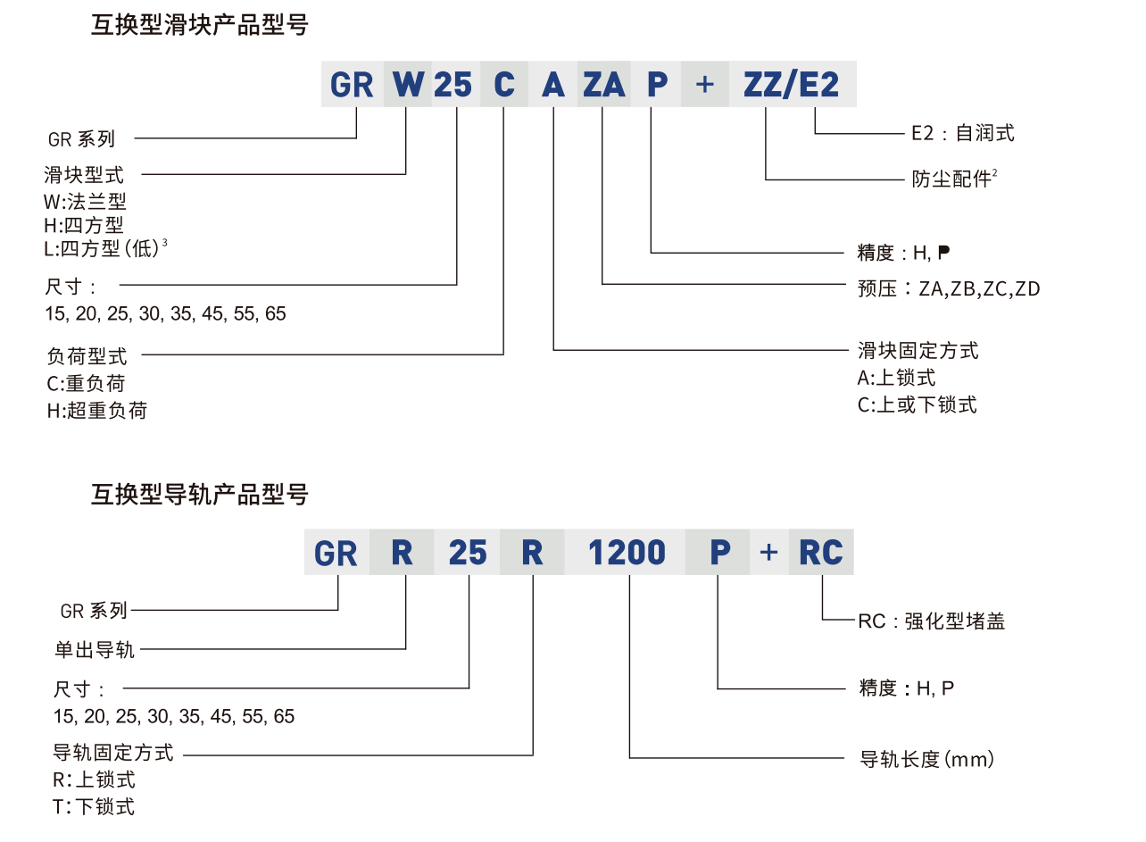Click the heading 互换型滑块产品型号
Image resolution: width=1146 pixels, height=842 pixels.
(199, 25)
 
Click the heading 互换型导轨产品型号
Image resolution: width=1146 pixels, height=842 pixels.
(199, 494)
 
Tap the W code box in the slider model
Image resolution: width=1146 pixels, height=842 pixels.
(407, 85)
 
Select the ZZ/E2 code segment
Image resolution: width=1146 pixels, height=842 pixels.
(792, 85)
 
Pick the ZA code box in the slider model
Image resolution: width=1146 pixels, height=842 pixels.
(603, 85)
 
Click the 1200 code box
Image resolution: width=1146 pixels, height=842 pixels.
(627, 553)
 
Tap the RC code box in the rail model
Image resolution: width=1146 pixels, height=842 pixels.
(820, 553)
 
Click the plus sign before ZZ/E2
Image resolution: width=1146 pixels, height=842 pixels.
(705, 85)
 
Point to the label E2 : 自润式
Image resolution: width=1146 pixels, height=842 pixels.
(962, 134)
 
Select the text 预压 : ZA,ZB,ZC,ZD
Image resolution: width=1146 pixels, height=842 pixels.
(948, 288)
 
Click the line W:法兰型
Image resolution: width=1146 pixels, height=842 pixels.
(85, 202)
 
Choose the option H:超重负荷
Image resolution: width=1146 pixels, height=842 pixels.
(96, 411)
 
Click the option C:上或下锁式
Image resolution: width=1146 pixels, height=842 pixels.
(917, 404)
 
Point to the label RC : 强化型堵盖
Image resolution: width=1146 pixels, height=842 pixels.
(931, 621)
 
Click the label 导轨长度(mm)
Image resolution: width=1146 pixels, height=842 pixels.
(926, 760)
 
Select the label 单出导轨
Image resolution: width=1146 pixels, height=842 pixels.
(94, 649)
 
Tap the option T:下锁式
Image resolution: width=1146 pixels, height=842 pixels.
(94, 806)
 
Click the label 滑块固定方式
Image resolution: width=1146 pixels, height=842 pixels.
(918, 350)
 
